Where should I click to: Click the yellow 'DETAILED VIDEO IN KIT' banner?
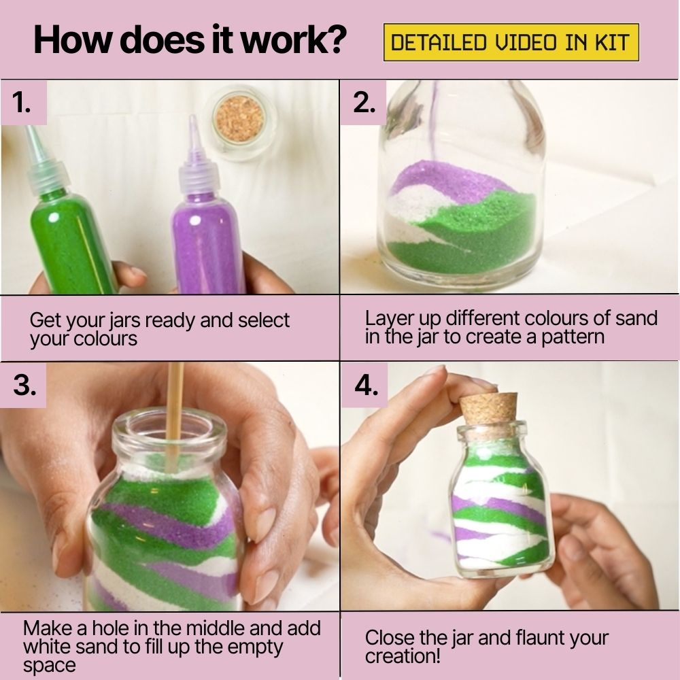tap(511, 43)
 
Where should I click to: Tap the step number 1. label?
tap(22, 103)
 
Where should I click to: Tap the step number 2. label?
tap(364, 103)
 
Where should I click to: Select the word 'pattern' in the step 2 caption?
tap(572, 337)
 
